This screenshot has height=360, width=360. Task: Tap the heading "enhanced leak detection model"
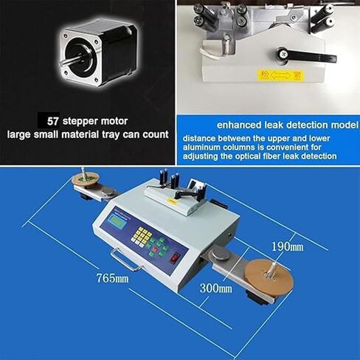coord(267,123)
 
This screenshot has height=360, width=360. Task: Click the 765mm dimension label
coord(113,278)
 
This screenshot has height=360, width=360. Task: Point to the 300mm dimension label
coord(215,288)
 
